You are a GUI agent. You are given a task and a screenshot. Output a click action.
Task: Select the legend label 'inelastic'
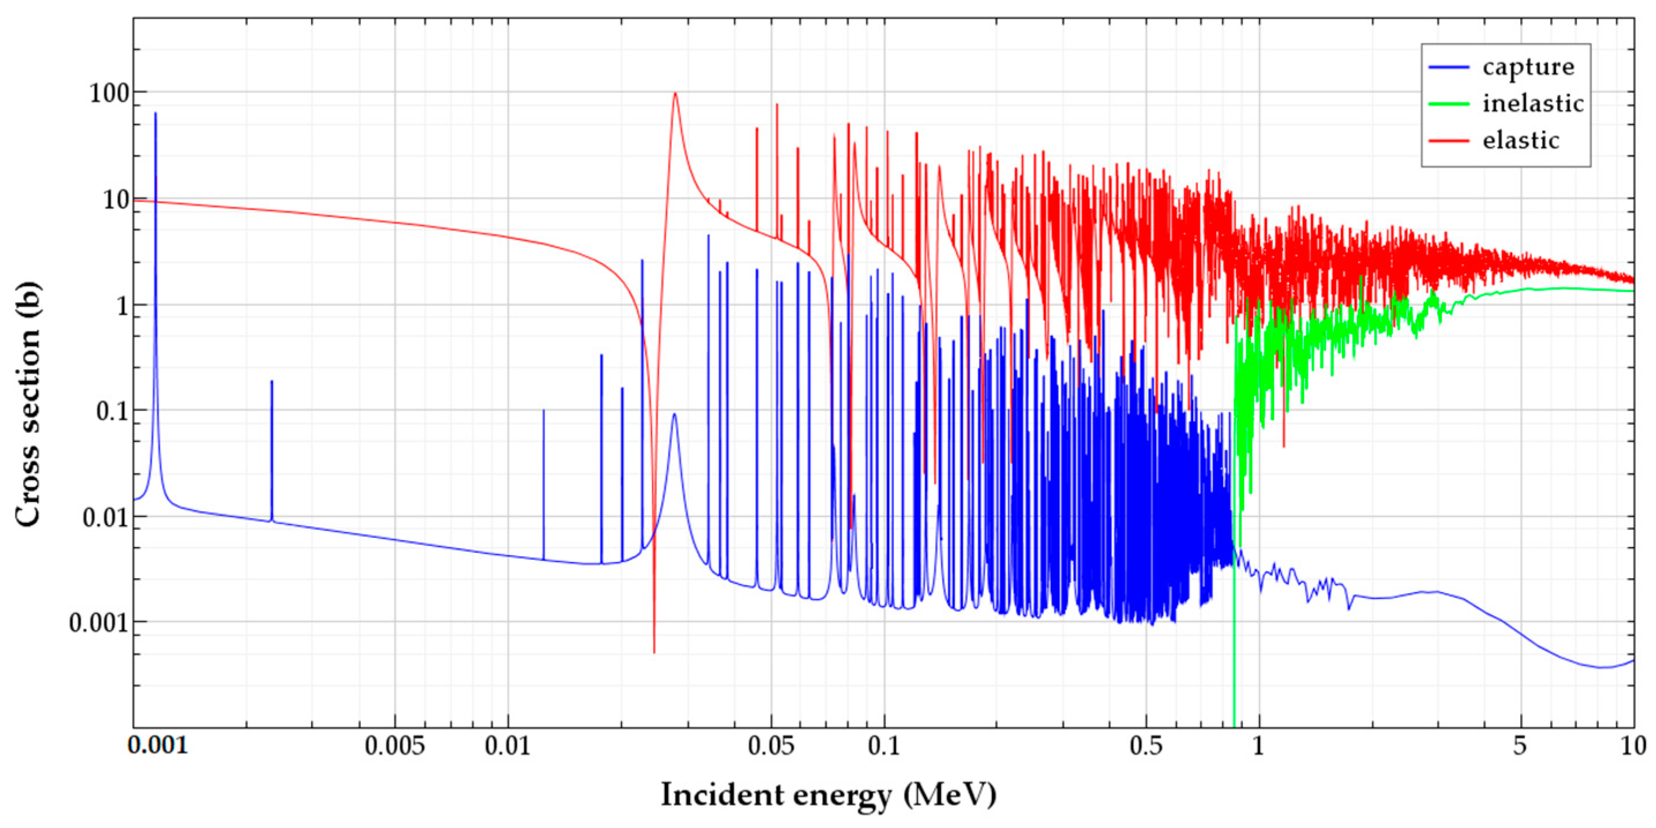(x=1533, y=104)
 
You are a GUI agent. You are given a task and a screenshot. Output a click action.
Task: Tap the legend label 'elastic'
(x=1521, y=140)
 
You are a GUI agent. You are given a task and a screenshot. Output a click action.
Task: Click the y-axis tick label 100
(x=109, y=94)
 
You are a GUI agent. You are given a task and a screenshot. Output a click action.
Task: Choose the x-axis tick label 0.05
(x=771, y=746)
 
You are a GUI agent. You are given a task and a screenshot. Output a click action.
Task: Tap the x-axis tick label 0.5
(x=1146, y=746)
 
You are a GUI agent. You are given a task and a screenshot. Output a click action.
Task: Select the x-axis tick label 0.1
(x=884, y=746)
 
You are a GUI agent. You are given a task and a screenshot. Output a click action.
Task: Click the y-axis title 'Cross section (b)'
(x=28, y=404)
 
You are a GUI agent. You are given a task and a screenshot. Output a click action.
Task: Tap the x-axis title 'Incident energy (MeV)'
(x=829, y=795)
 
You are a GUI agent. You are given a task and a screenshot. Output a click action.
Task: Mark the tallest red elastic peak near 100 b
(x=675, y=94)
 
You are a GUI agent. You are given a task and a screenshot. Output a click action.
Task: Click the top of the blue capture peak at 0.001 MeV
(x=155, y=114)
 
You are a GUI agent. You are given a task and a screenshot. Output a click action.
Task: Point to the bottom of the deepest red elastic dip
(x=655, y=652)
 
